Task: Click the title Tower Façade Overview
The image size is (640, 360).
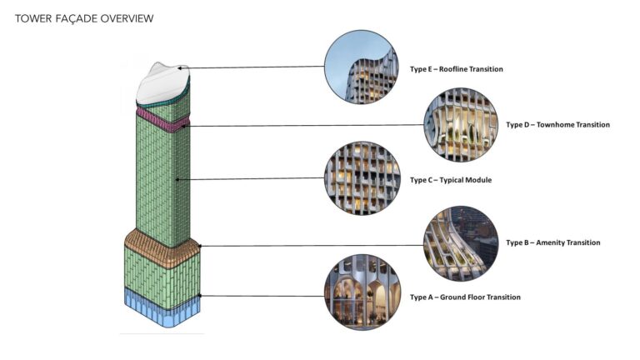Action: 84,17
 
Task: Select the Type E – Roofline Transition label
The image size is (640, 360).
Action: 456,69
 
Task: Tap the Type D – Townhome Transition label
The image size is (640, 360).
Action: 557,125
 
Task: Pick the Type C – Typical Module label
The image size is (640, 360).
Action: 450,180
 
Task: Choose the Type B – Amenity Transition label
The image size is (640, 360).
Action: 552,243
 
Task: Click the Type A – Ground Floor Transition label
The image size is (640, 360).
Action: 465,297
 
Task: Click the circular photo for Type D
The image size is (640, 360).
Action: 461,125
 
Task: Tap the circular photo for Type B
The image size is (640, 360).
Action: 461,243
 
